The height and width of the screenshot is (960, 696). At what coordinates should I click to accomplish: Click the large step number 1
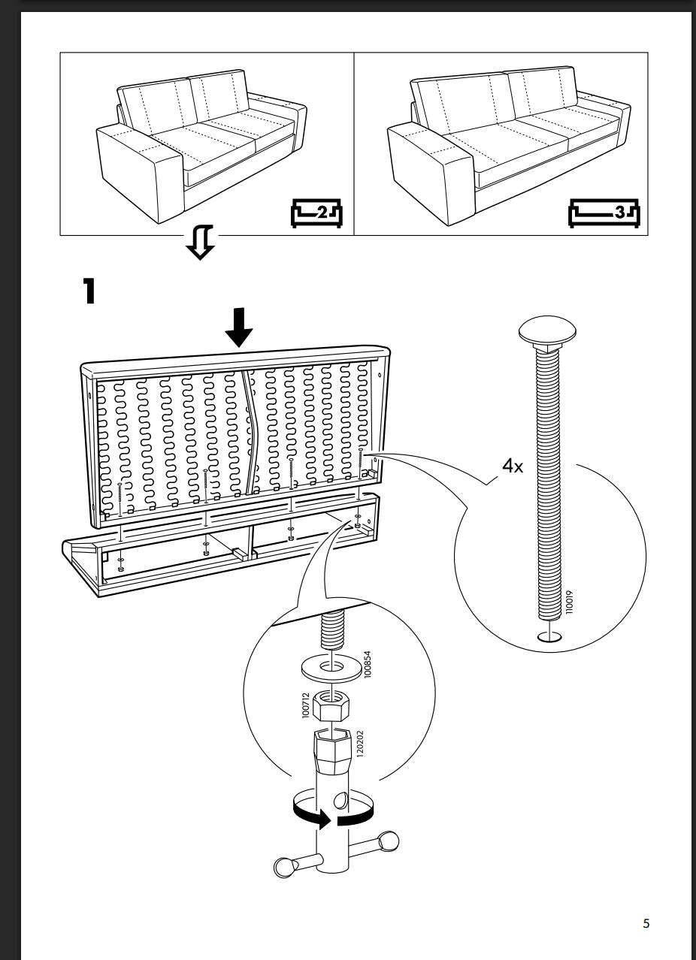pyautogui.click(x=89, y=291)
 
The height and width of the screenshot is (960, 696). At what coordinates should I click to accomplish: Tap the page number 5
pyautogui.click(x=646, y=922)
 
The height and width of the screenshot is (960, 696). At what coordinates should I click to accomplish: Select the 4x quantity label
pyautogui.click(x=513, y=466)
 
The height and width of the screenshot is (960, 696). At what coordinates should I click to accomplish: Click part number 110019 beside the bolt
pyautogui.click(x=569, y=602)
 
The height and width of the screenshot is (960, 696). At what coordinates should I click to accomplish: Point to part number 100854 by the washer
pyautogui.click(x=367, y=664)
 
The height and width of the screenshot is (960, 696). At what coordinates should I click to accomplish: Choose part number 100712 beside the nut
pyautogui.click(x=305, y=705)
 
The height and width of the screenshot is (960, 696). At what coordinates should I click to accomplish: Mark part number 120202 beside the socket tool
pyautogui.click(x=360, y=744)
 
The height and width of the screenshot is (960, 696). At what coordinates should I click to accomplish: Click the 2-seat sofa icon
pyautogui.click(x=316, y=213)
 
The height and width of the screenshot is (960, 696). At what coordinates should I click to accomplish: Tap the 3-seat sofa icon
pyautogui.click(x=604, y=213)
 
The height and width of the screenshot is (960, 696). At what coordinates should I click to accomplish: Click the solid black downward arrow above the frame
pyautogui.click(x=239, y=327)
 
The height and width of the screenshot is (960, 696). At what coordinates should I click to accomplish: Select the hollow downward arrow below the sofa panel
pyautogui.click(x=200, y=242)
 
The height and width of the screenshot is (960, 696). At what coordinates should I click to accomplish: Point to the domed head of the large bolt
pyautogui.click(x=546, y=330)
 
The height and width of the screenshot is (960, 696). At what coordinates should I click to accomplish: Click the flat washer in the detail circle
pyautogui.click(x=331, y=668)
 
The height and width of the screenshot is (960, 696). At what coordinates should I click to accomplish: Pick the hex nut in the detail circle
pyautogui.click(x=331, y=705)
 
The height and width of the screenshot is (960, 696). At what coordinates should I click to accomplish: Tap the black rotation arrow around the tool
pyautogui.click(x=332, y=813)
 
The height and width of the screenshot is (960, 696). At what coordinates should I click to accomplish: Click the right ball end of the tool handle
pyautogui.click(x=389, y=841)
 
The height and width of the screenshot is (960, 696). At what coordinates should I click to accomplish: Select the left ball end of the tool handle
pyautogui.click(x=284, y=868)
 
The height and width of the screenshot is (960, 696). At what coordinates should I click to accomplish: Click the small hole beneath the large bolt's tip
pyautogui.click(x=549, y=637)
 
